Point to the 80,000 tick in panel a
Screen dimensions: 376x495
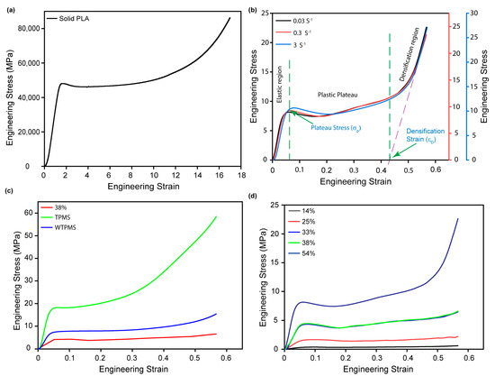[x=24, y=29]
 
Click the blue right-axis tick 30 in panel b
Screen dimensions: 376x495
[x=483, y=13]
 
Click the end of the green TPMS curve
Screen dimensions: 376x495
[x=216, y=216]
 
